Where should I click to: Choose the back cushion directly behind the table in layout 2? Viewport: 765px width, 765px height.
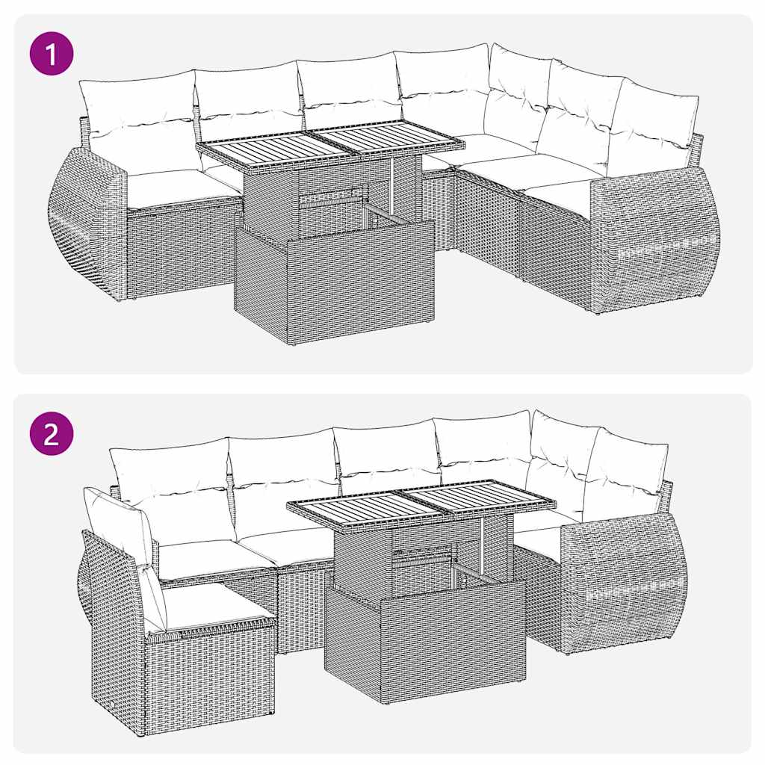tap(385, 456)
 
